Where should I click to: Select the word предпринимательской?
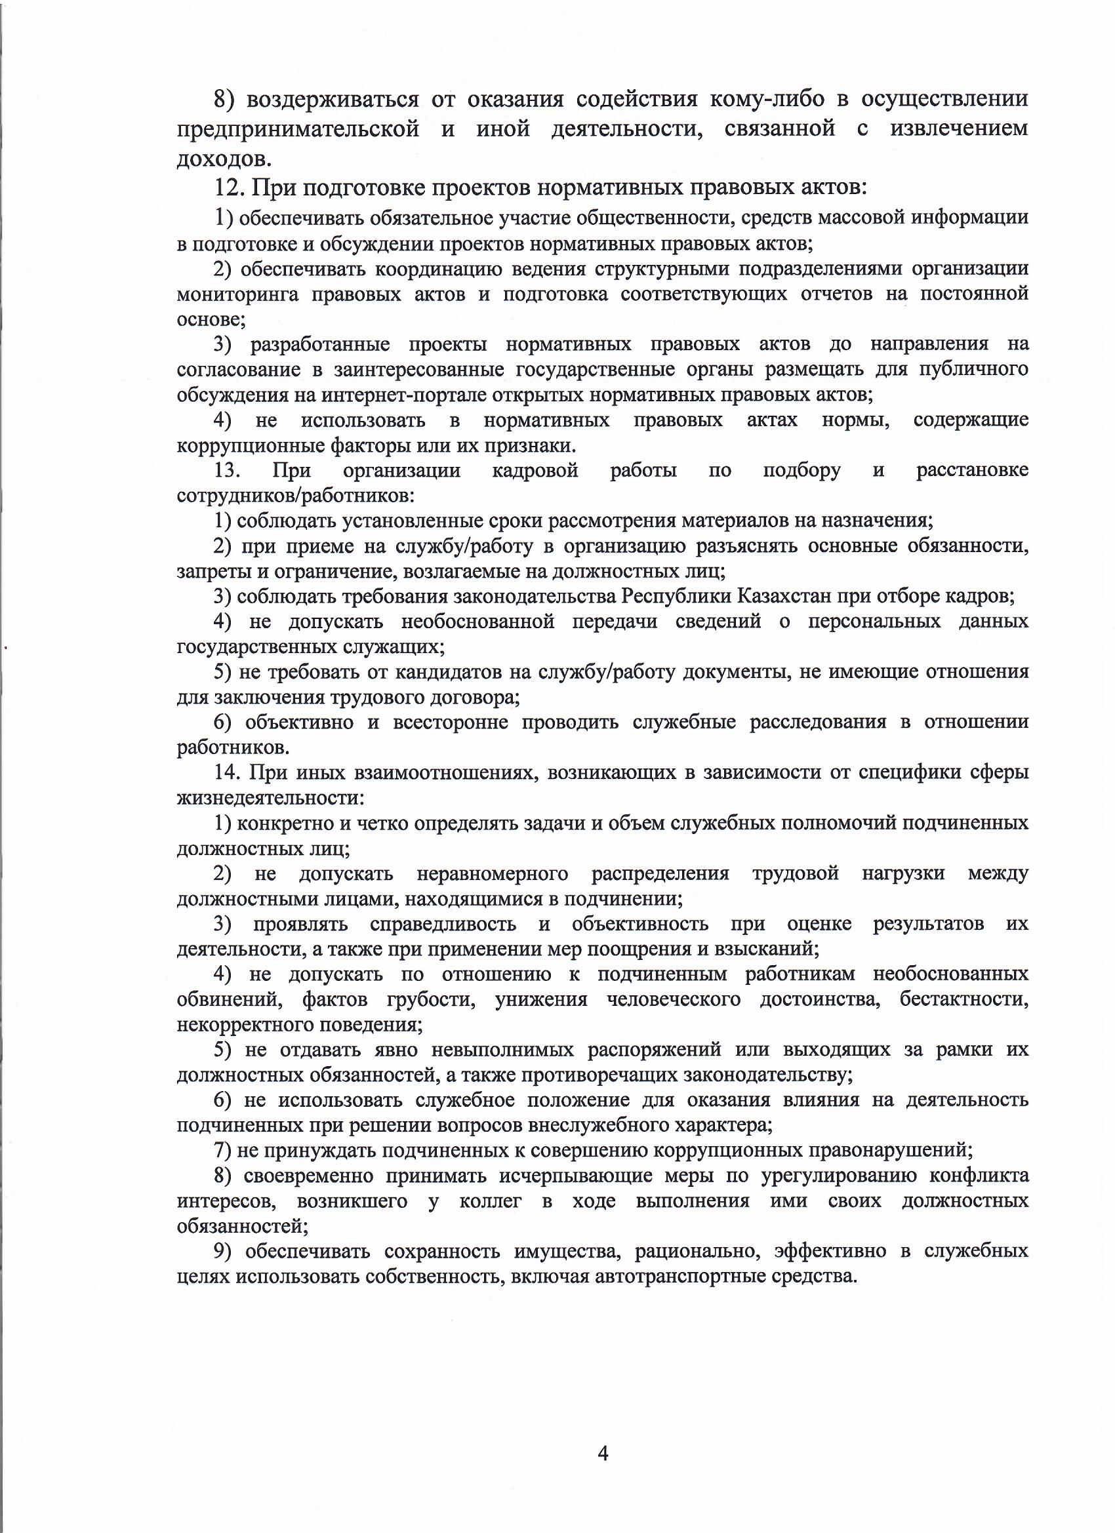(x=298, y=129)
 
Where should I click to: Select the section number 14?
(x=227, y=772)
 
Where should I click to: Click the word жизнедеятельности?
(x=270, y=797)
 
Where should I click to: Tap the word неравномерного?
(x=493, y=873)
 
